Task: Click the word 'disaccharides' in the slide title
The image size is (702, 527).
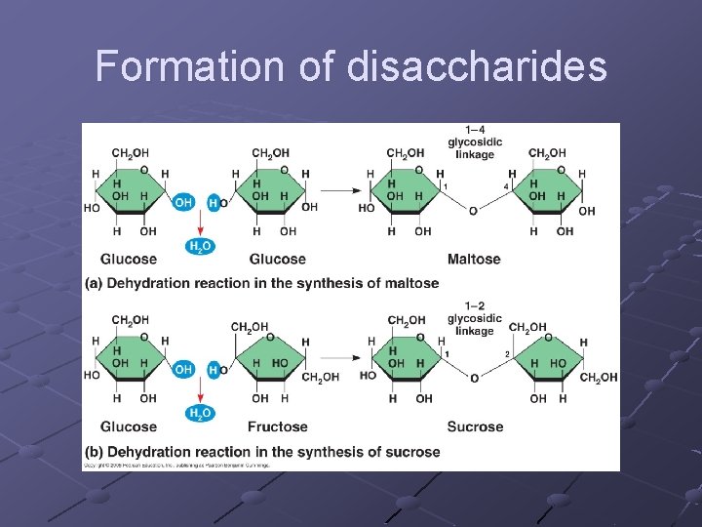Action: (477, 66)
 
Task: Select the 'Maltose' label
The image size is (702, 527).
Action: (474, 259)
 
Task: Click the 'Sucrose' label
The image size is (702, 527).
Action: (475, 426)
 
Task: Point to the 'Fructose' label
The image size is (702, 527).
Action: (278, 426)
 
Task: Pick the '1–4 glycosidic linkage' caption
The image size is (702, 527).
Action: (475, 142)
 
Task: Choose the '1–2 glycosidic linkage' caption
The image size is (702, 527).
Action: (475, 318)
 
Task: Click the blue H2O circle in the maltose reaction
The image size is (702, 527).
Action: (199, 247)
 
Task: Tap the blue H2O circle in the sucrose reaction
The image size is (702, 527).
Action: (199, 414)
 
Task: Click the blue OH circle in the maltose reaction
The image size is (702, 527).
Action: (183, 202)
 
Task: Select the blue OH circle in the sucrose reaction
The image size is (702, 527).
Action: (183, 369)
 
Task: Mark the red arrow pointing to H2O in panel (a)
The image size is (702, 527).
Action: (199, 225)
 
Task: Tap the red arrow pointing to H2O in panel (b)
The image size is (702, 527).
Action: (199, 392)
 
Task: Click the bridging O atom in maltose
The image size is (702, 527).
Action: (473, 211)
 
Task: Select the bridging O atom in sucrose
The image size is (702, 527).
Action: (474, 378)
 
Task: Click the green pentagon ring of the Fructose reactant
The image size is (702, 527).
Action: (270, 357)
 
